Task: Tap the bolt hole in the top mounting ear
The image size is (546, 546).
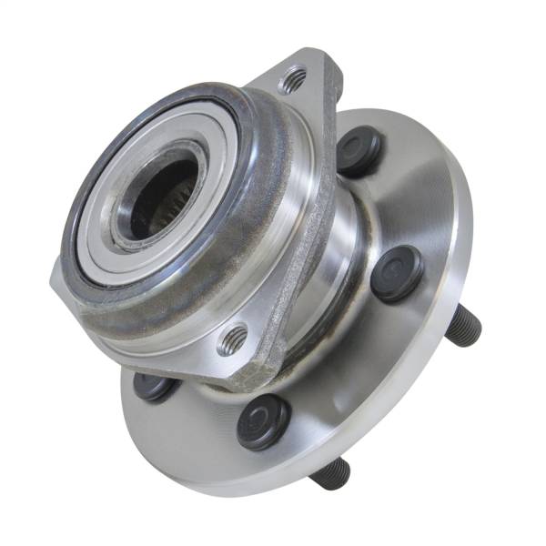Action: coord(292,81)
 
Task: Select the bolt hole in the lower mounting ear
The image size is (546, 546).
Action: coord(233,339)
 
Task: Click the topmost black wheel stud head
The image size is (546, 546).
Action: coord(359,151)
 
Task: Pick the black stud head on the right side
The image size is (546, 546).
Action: coord(397,273)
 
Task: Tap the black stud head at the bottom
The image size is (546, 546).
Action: coord(263,420)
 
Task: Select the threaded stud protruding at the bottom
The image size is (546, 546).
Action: coord(331,473)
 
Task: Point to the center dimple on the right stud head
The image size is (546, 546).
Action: coord(397,273)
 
